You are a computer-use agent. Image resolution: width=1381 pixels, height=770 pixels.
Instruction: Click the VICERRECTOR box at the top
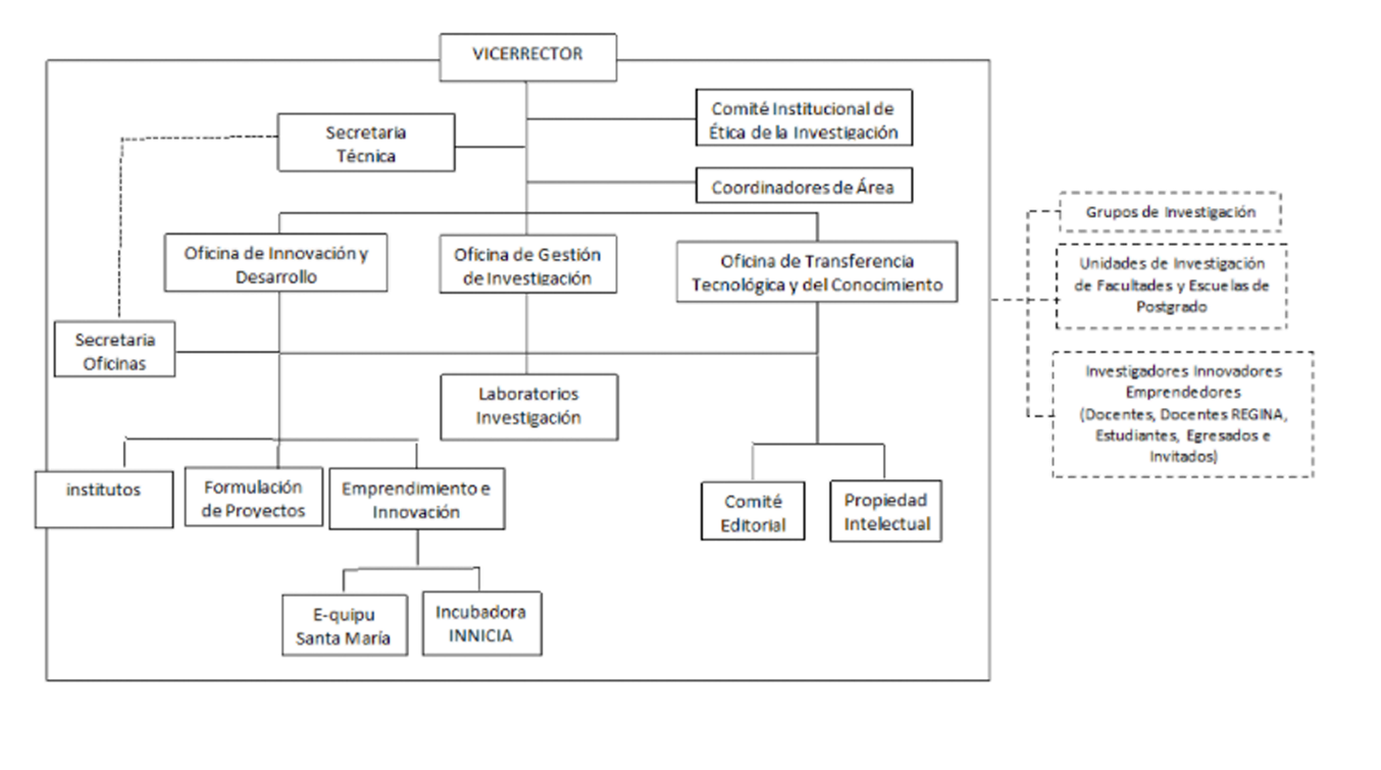coord(528,57)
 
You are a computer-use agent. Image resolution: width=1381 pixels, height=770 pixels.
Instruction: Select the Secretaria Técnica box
coord(366,143)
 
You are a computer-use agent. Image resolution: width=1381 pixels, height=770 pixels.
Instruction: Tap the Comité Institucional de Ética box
coord(804,118)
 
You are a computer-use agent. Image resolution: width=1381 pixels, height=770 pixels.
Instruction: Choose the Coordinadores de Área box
coord(804,185)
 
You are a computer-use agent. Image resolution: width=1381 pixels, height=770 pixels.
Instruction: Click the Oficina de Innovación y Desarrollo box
coord(276,263)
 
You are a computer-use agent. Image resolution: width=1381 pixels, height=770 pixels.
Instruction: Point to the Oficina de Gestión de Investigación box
coord(528,264)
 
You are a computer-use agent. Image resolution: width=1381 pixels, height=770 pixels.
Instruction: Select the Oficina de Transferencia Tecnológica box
coord(817,272)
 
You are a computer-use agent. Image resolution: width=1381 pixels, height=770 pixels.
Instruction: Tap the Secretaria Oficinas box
coord(114,349)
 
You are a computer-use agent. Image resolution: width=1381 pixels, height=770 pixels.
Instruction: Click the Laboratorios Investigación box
coord(529,407)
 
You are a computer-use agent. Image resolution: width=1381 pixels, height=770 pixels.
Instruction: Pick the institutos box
coord(104,499)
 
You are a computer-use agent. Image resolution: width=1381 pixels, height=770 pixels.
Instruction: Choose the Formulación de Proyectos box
coord(253,497)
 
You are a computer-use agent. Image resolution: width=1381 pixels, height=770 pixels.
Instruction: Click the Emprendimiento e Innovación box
coord(417,499)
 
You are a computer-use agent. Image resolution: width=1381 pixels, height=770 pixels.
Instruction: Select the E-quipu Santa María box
coord(344,626)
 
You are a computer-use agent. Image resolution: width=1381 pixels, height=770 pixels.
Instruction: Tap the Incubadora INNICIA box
coord(482,624)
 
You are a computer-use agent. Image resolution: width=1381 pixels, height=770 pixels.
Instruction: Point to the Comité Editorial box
coord(752,511)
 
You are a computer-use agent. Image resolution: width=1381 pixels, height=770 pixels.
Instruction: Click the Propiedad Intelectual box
coord(886,511)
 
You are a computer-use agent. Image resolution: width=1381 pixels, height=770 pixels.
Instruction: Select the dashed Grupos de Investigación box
coord(1170,212)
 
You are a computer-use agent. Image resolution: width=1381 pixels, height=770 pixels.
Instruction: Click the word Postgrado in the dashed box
coord(1172,307)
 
